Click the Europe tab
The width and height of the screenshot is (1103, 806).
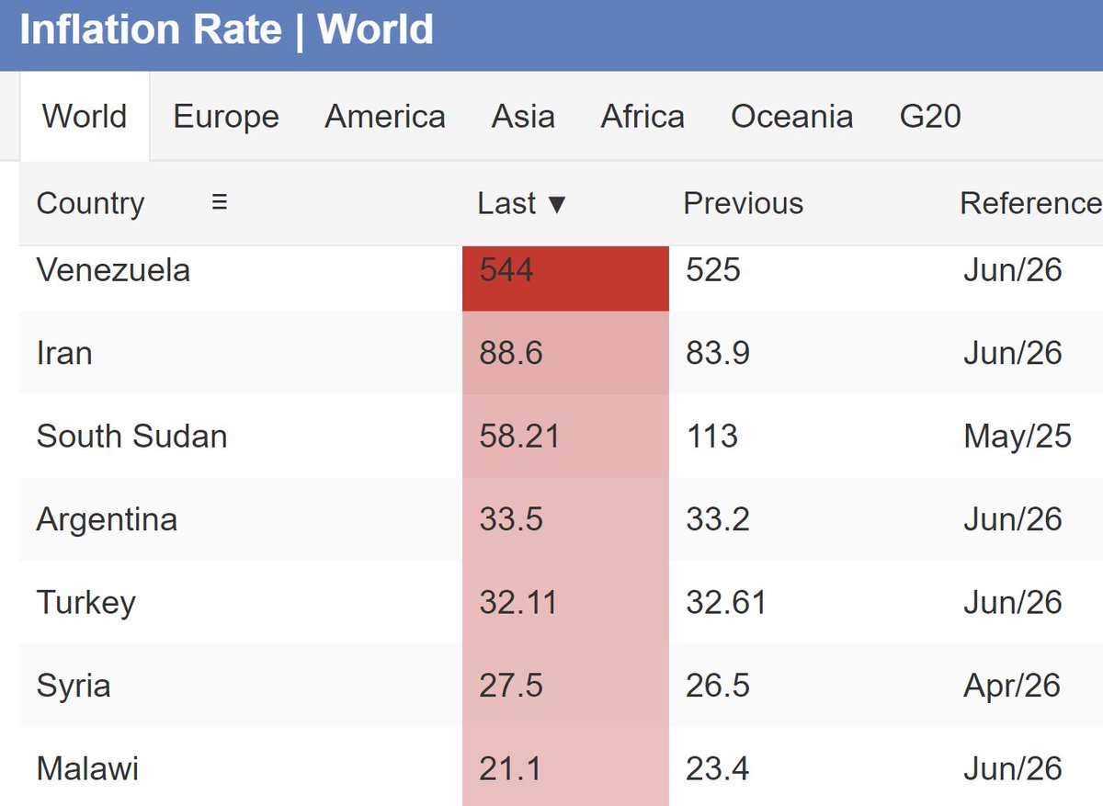click(226, 117)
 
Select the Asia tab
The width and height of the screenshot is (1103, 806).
click(523, 117)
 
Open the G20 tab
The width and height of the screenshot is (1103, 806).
click(930, 117)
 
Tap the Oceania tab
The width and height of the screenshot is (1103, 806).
click(791, 117)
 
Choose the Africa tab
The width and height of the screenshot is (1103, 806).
click(642, 117)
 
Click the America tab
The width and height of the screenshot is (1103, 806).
click(385, 117)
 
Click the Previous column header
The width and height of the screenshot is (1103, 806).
click(743, 203)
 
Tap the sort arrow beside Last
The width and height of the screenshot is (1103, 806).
click(557, 205)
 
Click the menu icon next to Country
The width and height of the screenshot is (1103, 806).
click(220, 202)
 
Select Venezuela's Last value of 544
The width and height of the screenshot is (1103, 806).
click(506, 270)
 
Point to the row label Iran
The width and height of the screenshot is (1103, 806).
click(64, 353)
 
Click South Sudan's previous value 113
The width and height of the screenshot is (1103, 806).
click(712, 437)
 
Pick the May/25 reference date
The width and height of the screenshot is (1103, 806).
click(1018, 437)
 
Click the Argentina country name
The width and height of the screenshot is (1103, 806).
click(107, 519)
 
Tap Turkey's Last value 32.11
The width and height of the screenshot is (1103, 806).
click(518, 603)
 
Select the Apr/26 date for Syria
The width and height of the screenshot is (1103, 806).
click(1012, 686)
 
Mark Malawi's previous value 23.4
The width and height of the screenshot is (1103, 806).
click(718, 769)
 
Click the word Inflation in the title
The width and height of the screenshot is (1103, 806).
click(100, 29)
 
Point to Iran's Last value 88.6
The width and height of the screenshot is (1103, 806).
click(511, 353)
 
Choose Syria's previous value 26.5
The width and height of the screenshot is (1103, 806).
click(718, 686)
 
